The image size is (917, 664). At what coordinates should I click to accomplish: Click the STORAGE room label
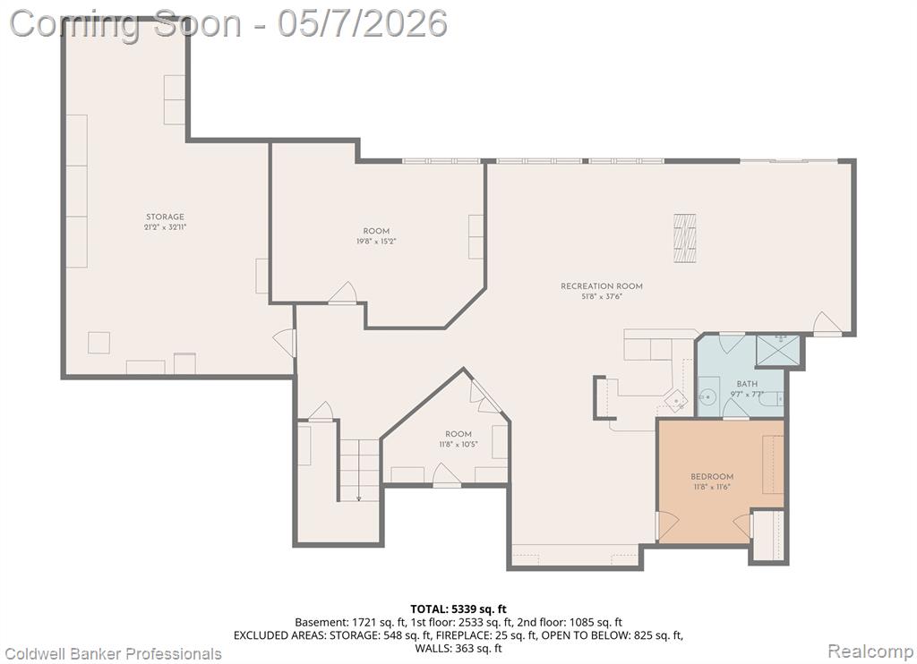[165, 217]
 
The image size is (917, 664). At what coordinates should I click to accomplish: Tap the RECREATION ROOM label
[602, 286]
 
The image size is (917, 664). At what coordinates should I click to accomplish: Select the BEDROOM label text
[712, 476]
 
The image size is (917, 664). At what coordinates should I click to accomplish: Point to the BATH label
[747, 384]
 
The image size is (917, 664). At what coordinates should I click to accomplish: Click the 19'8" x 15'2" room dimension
[376, 241]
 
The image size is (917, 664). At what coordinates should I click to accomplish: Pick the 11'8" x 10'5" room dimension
[458, 444]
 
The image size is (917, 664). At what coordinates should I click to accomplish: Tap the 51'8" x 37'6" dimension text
[602, 296]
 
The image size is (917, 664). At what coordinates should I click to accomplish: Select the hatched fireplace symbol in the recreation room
[684, 238]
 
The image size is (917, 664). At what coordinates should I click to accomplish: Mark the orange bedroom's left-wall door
[666, 525]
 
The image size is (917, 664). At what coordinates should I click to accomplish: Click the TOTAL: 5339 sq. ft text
[458, 609]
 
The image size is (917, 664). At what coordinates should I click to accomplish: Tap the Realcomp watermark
[870, 651]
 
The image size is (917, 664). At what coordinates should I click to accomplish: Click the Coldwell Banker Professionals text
[114, 654]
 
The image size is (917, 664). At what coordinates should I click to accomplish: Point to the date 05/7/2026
[362, 24]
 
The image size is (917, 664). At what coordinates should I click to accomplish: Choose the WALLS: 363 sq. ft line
[458, 648]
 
